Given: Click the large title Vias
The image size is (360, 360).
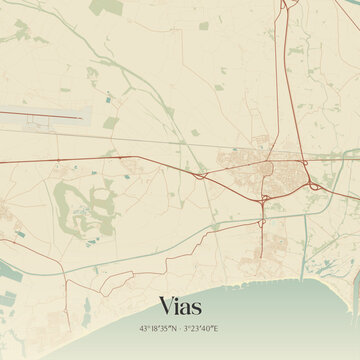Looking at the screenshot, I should point(180,304).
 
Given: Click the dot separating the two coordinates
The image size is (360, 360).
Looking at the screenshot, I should point(181,328).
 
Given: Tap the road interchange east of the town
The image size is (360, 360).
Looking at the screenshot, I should point(316,185).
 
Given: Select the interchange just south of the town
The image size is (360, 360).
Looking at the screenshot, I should point(263,200).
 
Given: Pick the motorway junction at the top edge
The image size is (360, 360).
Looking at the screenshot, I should point(284,5).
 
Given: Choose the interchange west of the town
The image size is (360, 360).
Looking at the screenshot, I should point(201,175).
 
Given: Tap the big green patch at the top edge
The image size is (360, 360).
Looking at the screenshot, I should point(104,8).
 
